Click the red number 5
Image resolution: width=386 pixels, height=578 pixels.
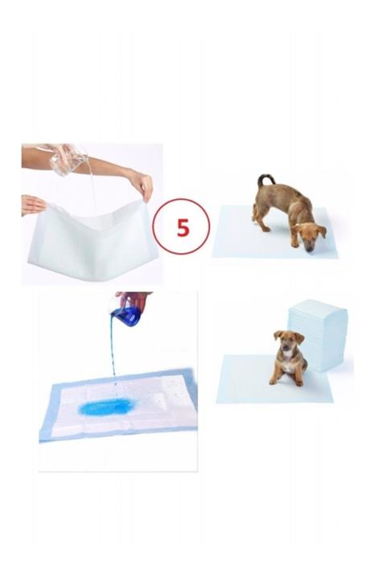182,227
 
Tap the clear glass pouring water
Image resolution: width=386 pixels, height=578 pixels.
68,161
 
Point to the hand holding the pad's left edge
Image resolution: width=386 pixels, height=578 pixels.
32,205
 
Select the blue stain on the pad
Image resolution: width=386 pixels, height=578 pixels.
108,407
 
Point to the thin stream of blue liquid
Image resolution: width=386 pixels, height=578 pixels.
113,353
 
